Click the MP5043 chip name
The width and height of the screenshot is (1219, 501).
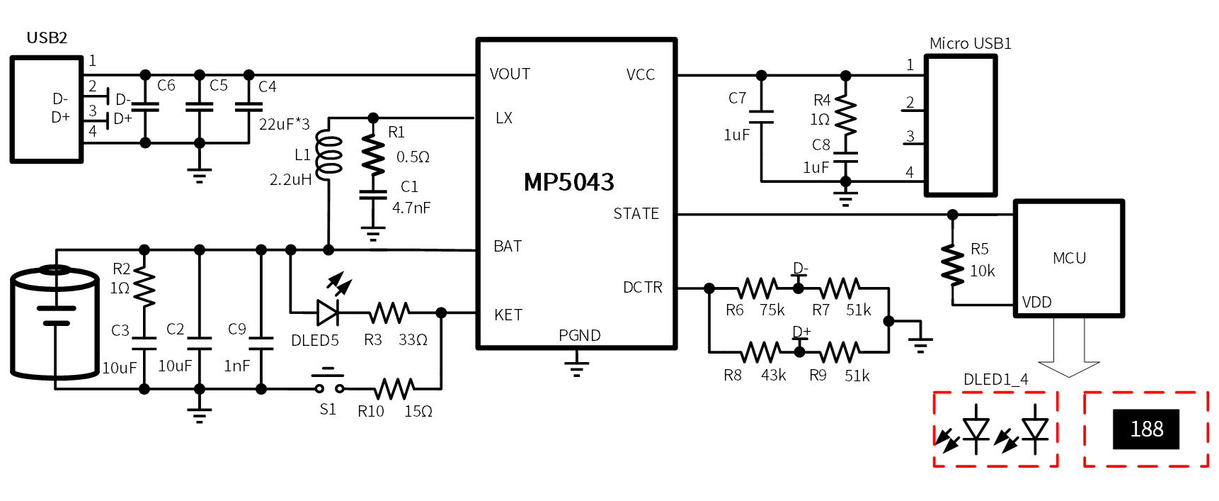[568, 182]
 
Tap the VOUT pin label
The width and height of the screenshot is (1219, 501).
[510, 74]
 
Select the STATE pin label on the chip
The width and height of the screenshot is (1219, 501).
[636, 213]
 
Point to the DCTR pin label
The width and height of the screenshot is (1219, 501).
[643, 287]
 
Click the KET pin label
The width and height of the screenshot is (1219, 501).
[508, 315]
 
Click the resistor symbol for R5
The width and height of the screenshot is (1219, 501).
[953, 264]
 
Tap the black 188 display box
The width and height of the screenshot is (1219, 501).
[1146, 429]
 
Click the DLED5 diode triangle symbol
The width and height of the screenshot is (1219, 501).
[327, 312]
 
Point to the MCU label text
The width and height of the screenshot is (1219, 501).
[1069, 258]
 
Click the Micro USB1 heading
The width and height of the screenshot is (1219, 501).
[970, 43]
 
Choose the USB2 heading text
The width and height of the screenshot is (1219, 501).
[47, 38]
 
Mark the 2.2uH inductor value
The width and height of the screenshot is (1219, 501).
[290, 180]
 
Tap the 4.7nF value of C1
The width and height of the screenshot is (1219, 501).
[411, 208]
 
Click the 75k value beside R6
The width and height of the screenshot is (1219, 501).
[772, 310]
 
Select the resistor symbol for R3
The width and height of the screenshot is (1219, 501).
[389, 312]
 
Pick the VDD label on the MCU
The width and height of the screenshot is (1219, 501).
[1036, 303]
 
